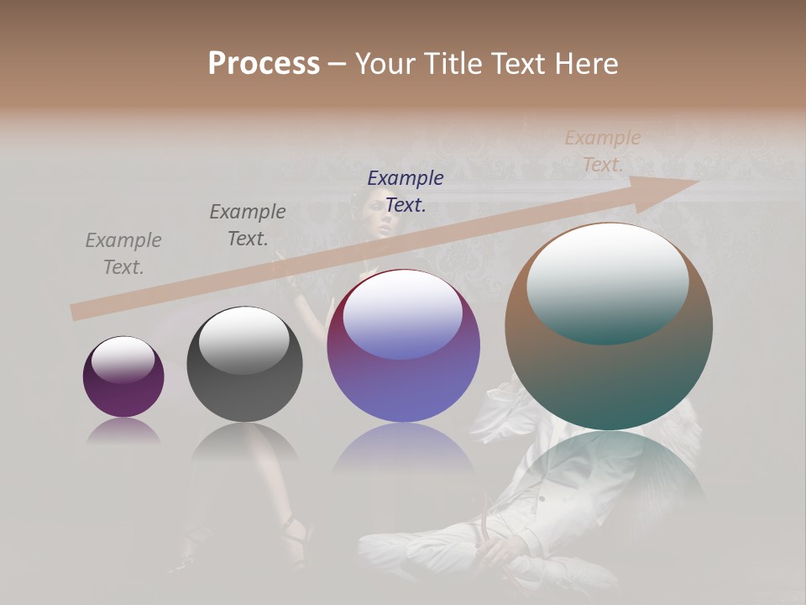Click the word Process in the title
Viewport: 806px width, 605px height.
[x=264, y=64]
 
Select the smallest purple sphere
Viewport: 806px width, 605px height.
[x=123, y=377]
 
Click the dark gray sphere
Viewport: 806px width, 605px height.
[x=244, y=365]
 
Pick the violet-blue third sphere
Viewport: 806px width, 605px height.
[x=403, y=346]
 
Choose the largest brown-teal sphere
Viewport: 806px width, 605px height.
[x=609, y=326]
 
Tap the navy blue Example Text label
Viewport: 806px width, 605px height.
[x=406, y=191]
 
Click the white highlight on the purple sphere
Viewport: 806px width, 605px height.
[x=123, y=360]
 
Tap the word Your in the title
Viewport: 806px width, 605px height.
[x=387, y=64]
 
